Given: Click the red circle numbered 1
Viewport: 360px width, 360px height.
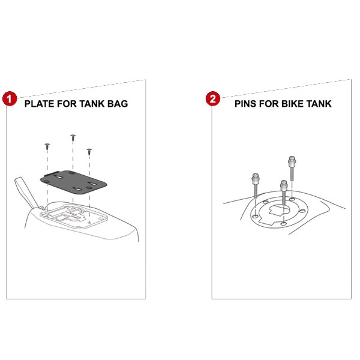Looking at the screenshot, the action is click(10, 99).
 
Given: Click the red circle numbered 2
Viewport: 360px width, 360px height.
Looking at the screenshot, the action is click(213, 99).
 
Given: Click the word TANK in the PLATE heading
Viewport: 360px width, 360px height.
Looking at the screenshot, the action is click(92, 104).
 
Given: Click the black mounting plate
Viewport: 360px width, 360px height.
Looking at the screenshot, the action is click(73, 182).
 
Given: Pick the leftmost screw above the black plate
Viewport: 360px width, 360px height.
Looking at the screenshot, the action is click(47, 146).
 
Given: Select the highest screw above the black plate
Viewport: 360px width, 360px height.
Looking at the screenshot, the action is click(73, 138).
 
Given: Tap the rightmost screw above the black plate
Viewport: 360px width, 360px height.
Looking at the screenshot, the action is click(89, 152).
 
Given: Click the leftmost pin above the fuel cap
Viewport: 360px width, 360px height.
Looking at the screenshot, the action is click(256, 185).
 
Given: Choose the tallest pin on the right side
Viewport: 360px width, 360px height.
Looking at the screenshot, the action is click(292, 168).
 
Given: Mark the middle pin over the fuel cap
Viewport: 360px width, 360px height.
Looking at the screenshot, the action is click(284, 193).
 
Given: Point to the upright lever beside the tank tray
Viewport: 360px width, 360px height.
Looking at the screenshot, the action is click(26, 192).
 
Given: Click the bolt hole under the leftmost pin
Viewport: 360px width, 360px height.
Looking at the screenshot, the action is click(256, 217).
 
